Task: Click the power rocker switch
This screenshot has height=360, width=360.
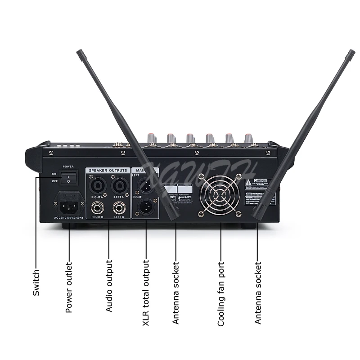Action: coord(68,178)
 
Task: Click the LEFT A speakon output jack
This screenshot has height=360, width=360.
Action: coord(119,186)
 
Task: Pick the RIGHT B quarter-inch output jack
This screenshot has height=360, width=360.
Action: coord(98,208)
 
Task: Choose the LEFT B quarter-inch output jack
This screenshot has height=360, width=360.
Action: coord(119,208)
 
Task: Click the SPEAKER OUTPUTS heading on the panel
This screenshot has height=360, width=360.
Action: coord(108,171)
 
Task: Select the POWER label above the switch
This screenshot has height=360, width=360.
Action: coord(68,166)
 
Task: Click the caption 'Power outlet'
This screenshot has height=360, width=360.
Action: coord(69,288)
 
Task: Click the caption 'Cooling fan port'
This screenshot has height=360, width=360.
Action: coord(221,295)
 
